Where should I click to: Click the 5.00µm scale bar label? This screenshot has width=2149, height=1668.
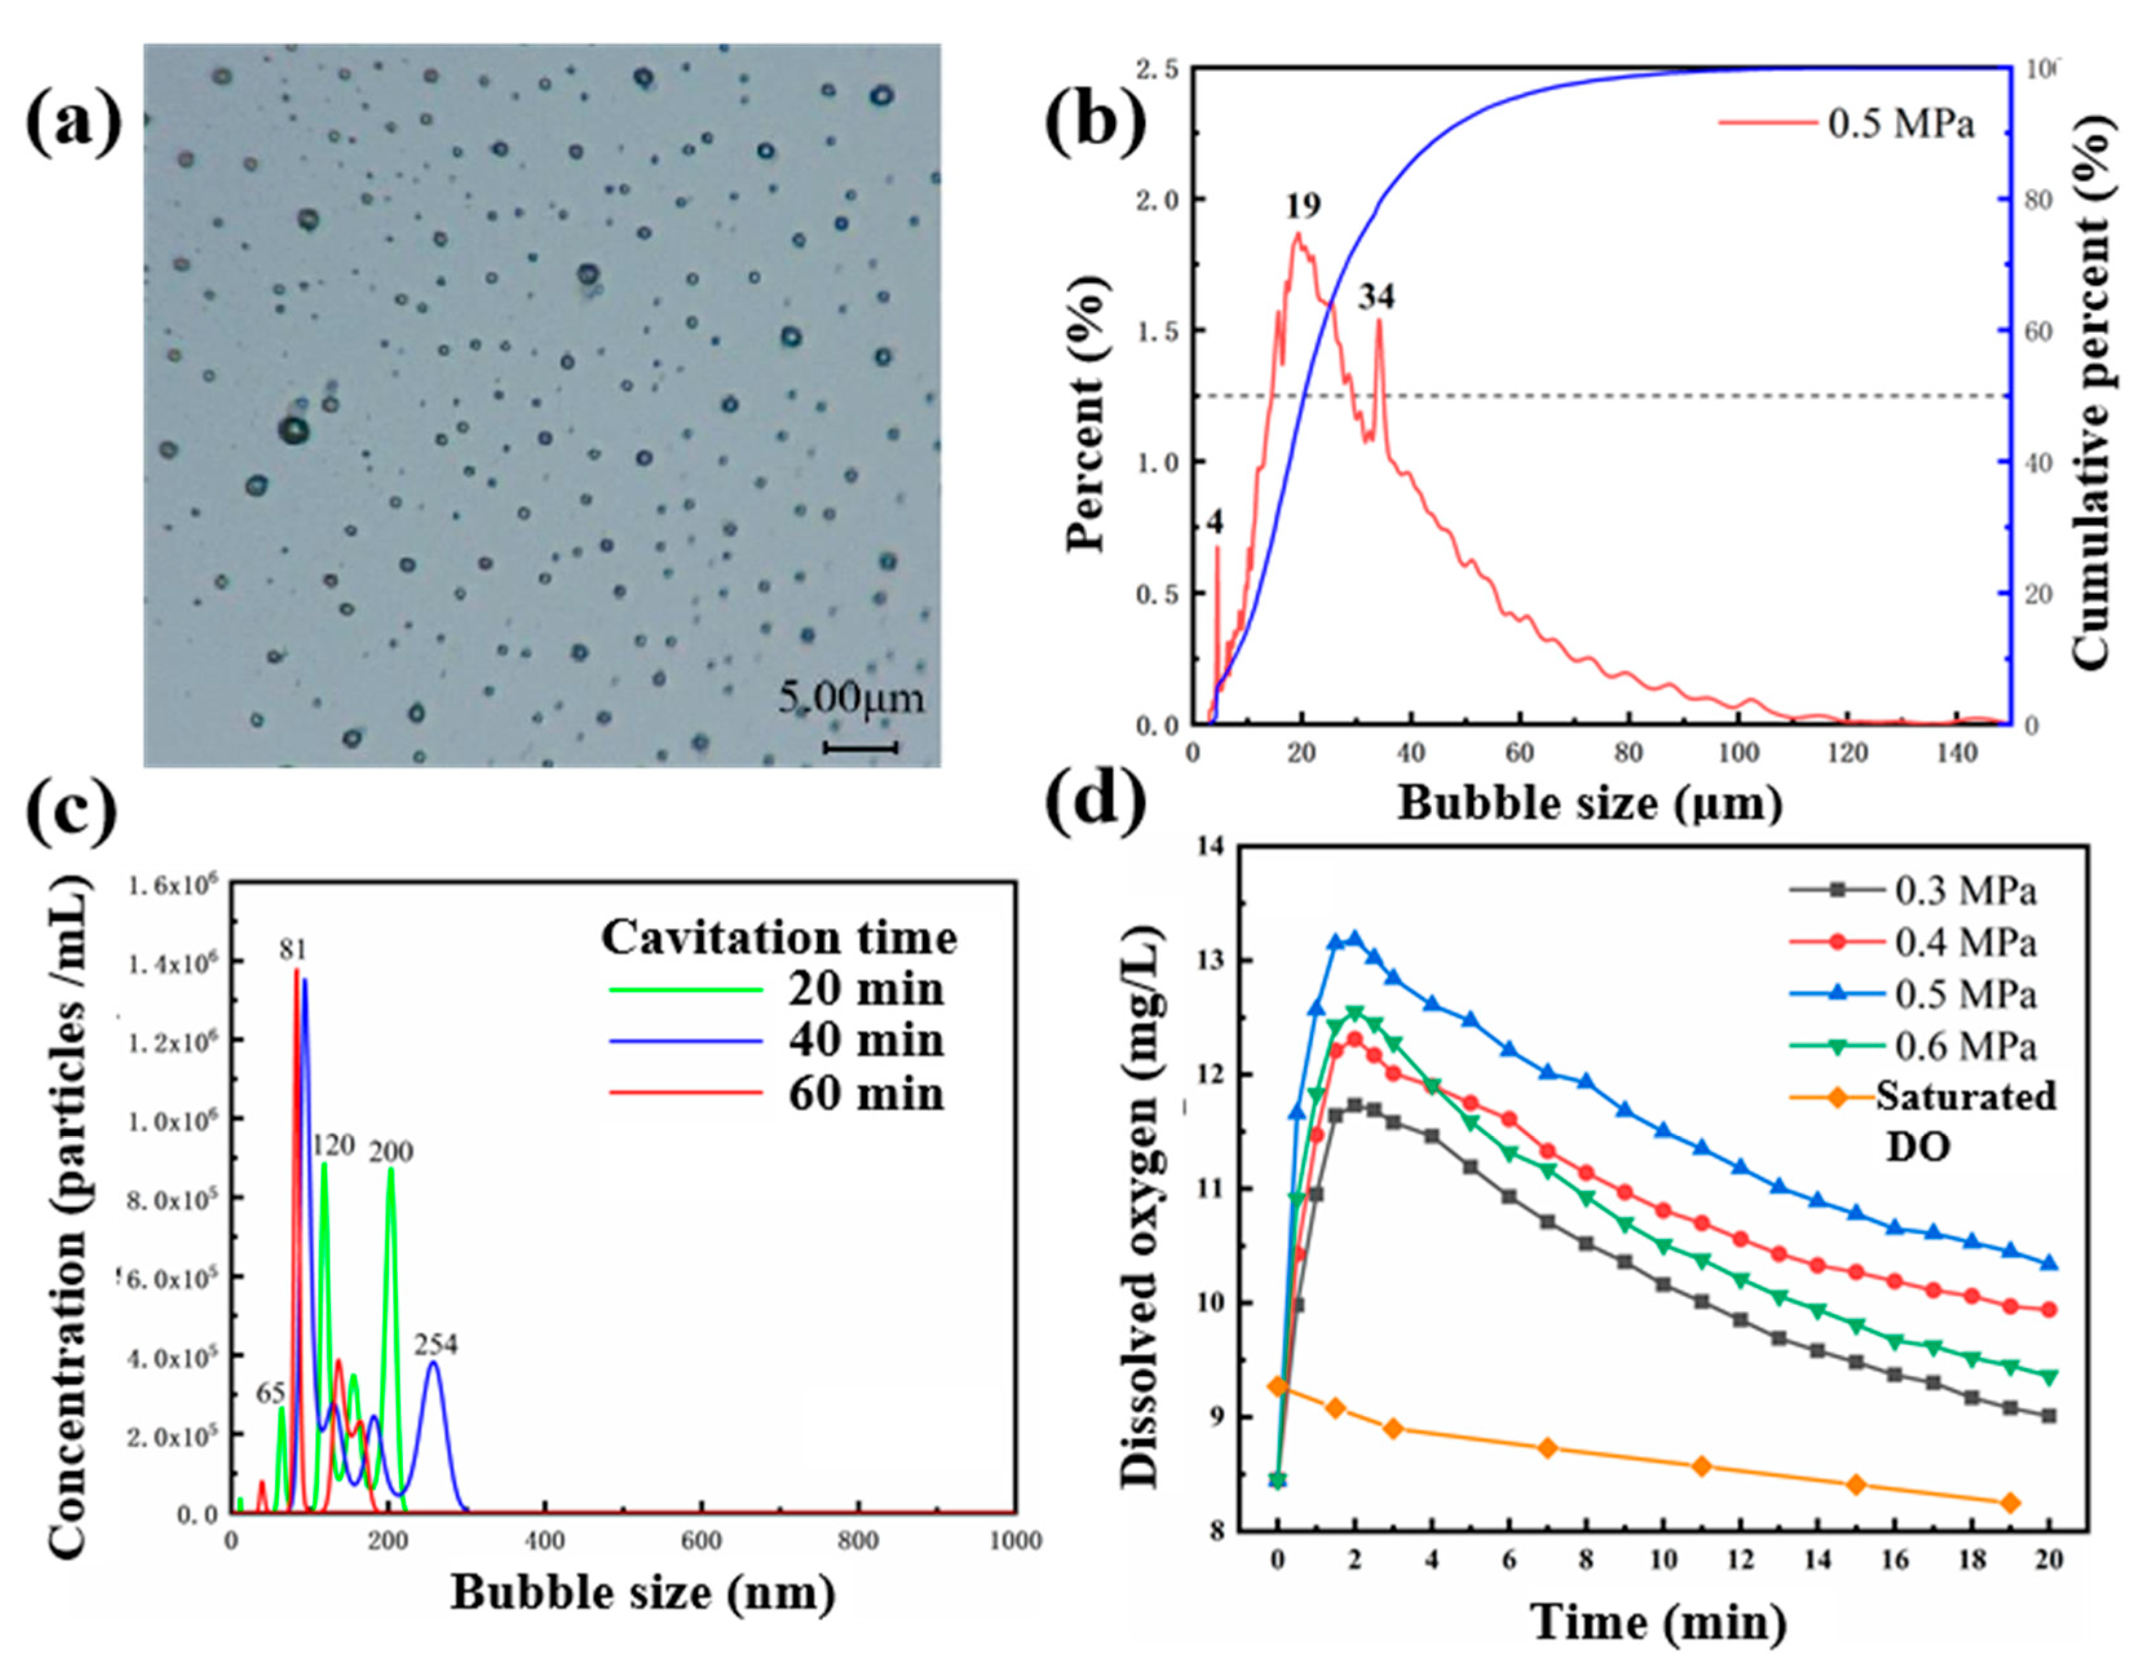pyautogui.click(x=851, y=699)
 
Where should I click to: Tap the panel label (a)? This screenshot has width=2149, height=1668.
pyautogui.click(x=74, y=126)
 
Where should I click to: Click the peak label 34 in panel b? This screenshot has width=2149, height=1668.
pyautogui.click(x=1377, y=296)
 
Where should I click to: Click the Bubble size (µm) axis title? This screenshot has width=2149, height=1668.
pyautogui.click(x=1589, y=804)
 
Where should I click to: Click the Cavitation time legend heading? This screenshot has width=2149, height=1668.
pyautogui.click(x=779, y=937)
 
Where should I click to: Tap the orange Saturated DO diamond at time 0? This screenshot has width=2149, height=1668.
pyautogui.click(x=1277, y=1387)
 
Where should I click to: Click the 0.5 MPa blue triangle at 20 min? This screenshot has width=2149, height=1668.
pyautogui.click(x=2049, y=1263)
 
